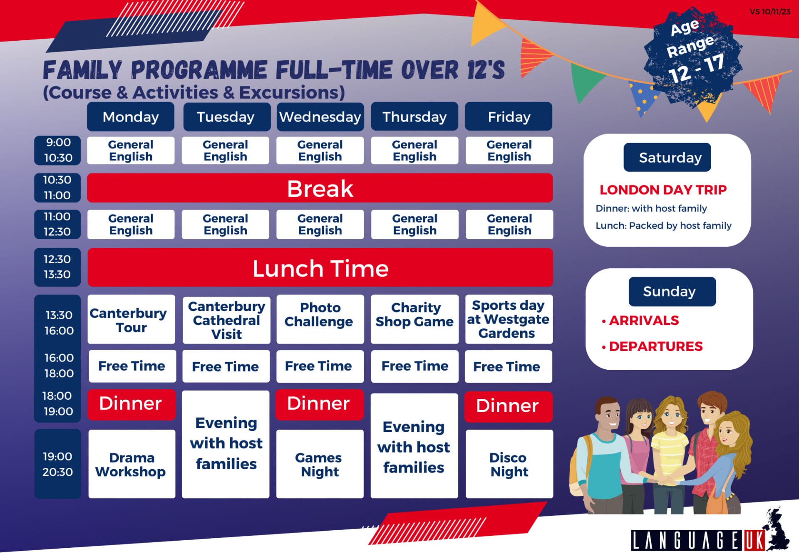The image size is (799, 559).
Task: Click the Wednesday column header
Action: click(320, 116)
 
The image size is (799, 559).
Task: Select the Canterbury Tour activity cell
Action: click(132, 319)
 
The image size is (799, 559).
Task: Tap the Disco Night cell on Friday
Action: click(509, 464)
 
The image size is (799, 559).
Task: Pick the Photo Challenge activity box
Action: click(320, 319)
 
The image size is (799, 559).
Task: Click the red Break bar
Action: click(320, 188)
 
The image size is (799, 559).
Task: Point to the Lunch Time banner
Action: click(320, 267)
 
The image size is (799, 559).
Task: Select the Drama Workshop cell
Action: click(132, 464)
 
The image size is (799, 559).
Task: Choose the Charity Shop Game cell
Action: click(414, 319)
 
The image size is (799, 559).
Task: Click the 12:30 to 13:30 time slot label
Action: click(57, 267)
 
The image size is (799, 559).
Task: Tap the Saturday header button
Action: click(667, 157)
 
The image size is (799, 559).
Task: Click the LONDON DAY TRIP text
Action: click(663, 190)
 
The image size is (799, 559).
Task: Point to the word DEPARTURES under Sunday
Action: click(656, 346)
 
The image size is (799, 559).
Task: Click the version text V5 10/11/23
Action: click(770, 12)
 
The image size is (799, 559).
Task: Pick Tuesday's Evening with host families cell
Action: click(226, 444)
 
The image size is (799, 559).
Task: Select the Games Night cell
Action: click(320, 464)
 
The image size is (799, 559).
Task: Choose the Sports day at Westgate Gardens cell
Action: click(509, 319)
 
